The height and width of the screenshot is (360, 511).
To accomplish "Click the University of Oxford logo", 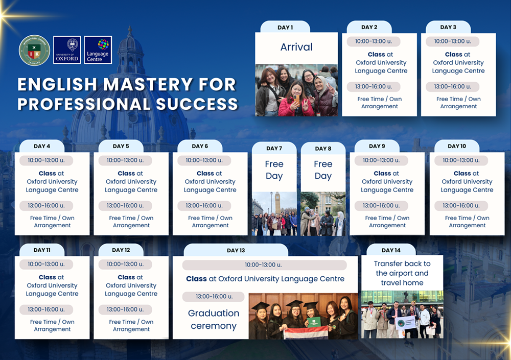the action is (x=67, y=50).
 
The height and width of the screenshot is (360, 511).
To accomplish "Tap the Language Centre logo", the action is (x=98, y=50).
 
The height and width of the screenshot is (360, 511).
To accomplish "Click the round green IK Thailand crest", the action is (x=34, y=50).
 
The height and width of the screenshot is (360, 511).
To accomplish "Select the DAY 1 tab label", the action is (x=285, y=28).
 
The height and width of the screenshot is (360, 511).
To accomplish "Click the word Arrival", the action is (x=296, y=47).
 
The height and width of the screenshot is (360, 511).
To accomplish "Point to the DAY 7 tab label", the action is (x=274, y=148).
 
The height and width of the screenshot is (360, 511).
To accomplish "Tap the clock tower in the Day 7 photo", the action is (x=277, y=203).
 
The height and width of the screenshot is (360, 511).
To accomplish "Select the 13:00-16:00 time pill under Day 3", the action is (x=452, y=87).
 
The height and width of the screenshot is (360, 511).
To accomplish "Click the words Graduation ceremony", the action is (x=214, y=319).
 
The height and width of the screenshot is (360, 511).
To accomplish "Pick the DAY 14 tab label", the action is (x=391, y=250).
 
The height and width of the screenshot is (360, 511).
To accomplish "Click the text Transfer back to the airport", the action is (x=402, y=268).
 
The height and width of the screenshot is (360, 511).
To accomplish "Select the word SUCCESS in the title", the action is (x=197, y=104).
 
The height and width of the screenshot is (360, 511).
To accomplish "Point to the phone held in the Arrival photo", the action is (x=296, y=99).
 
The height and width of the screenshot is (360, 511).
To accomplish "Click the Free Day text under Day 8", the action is (x=323, y=170).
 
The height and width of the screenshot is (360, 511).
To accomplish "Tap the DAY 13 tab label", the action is (x=236, y=250).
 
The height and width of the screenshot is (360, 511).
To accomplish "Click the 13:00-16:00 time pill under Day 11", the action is (x=47, y=309).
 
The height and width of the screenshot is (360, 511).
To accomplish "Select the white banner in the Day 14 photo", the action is (x=405, y=323).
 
